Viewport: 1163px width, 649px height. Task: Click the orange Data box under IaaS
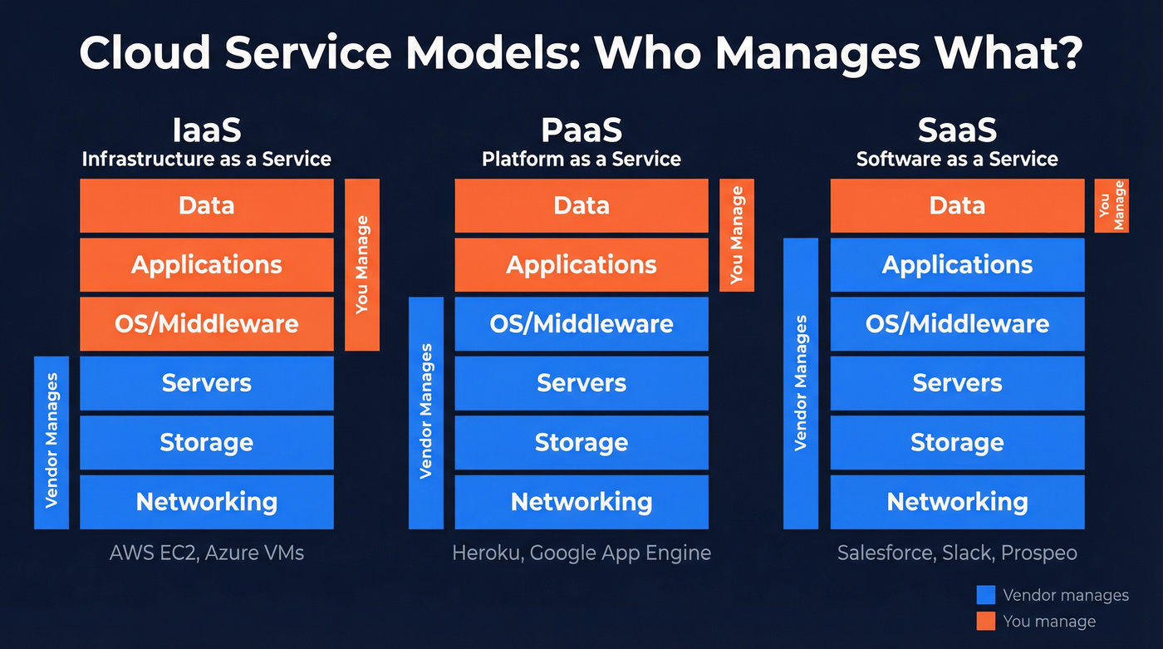[x=206, y=205]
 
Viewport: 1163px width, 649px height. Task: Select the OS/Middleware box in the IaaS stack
[x=206, y=323]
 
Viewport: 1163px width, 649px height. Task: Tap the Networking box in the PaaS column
[x=581, y=502]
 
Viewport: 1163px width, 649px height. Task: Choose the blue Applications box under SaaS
[x=957, y=264]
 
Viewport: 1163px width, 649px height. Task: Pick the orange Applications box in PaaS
[x=581, y=264]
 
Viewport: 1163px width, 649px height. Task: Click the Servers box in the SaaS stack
[x=957, y=383]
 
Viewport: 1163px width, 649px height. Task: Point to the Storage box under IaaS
[x=206, y=442]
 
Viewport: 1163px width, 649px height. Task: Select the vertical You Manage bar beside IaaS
[x=361, y=264]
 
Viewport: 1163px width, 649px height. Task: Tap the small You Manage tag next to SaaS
[x=1111, y=205]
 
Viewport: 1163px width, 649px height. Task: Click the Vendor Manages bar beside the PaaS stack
[x=426, y=412]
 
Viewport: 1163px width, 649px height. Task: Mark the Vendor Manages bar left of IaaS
[x=52, y=442]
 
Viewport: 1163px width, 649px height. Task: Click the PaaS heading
[x=581, y=130]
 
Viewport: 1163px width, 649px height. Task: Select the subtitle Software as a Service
[x=957, y=159]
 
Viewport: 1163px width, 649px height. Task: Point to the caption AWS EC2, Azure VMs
[x=207, y=553]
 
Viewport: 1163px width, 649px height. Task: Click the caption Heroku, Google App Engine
[x=581, y=553]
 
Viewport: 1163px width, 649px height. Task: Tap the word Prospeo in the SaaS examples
[x=1038, y=553]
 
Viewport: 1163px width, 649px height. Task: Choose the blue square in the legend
[x=985, y=595]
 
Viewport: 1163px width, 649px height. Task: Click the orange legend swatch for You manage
[x=985, y=621]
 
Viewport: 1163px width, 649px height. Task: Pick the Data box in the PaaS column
[x=581, y=205]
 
